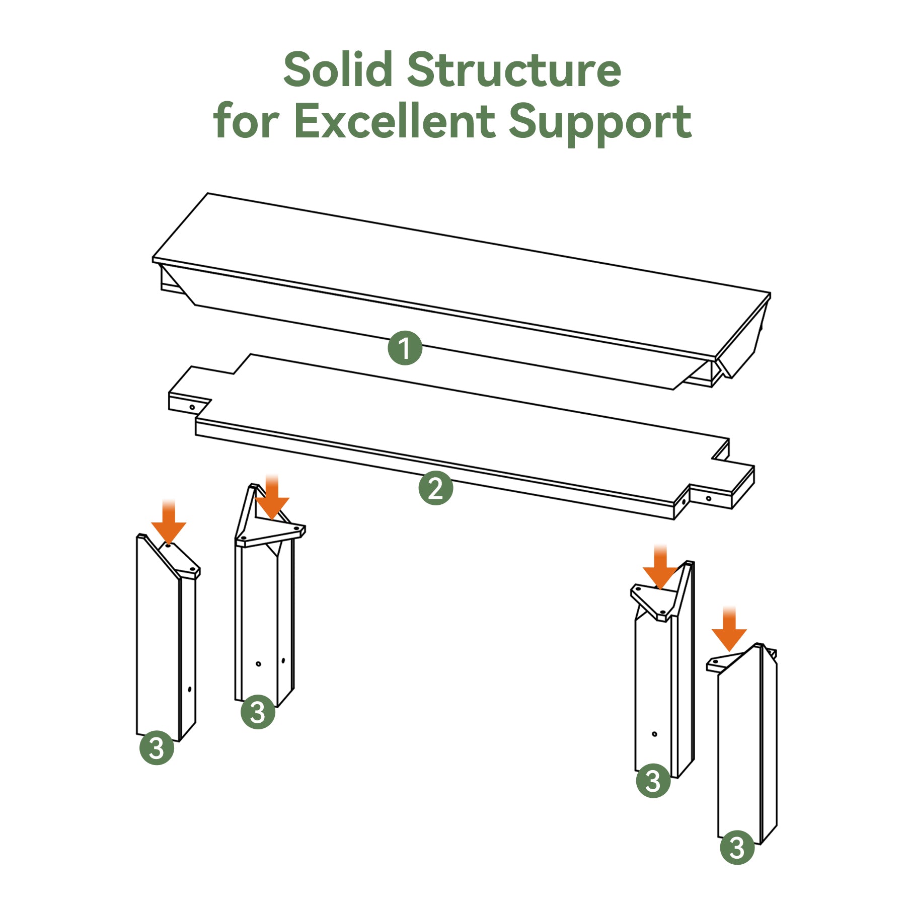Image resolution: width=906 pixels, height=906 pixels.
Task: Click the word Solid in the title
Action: (338, 69)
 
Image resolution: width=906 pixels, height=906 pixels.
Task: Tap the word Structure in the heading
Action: (514, 69)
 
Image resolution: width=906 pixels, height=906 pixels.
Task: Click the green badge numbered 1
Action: (405, 348)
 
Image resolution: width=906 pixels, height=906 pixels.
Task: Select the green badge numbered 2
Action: (436, 488)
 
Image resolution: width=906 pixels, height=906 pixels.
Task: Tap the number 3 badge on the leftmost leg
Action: (157, 748)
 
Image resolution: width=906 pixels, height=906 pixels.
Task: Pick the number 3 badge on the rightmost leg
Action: (737, 848)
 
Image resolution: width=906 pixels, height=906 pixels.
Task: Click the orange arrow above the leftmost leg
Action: (169, 522)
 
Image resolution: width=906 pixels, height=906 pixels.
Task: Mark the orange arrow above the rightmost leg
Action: (729, 629)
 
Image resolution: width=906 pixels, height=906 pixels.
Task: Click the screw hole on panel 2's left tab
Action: (192, 407)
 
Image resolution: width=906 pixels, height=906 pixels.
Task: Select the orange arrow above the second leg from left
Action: (272, 497)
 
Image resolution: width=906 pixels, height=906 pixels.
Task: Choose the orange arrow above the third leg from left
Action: (660, 567)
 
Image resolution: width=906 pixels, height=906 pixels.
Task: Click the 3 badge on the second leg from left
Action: (258, 712)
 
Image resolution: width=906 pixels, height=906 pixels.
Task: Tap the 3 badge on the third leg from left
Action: (653, 781)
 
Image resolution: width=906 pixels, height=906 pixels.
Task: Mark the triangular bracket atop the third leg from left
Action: (653, 601)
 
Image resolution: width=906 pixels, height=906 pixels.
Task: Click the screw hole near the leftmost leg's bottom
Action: (189, 689)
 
